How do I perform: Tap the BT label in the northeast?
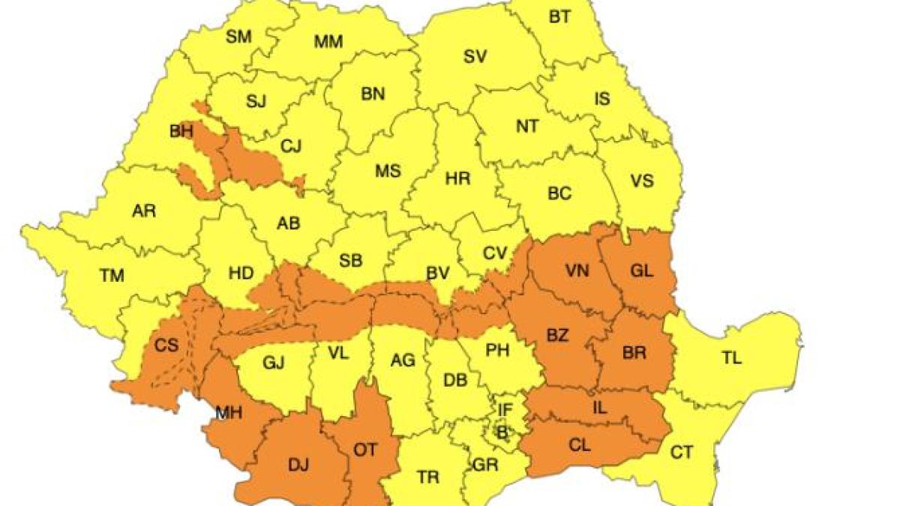click(x=559, y=16)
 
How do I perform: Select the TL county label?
click(x=732, y=358)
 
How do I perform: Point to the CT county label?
click(x=682, y=452)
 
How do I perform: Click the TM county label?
click(x=112, y=276)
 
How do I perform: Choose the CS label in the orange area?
click(x=166, y=346)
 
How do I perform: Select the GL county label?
click(x=642, y=272)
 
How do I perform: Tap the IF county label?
click(x=505, y=409)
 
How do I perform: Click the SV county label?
click(x=475, y=55)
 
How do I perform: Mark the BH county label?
click(x=181, y=132)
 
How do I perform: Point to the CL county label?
click(x=580, y=445)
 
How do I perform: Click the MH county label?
click(x=228, y=412)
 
